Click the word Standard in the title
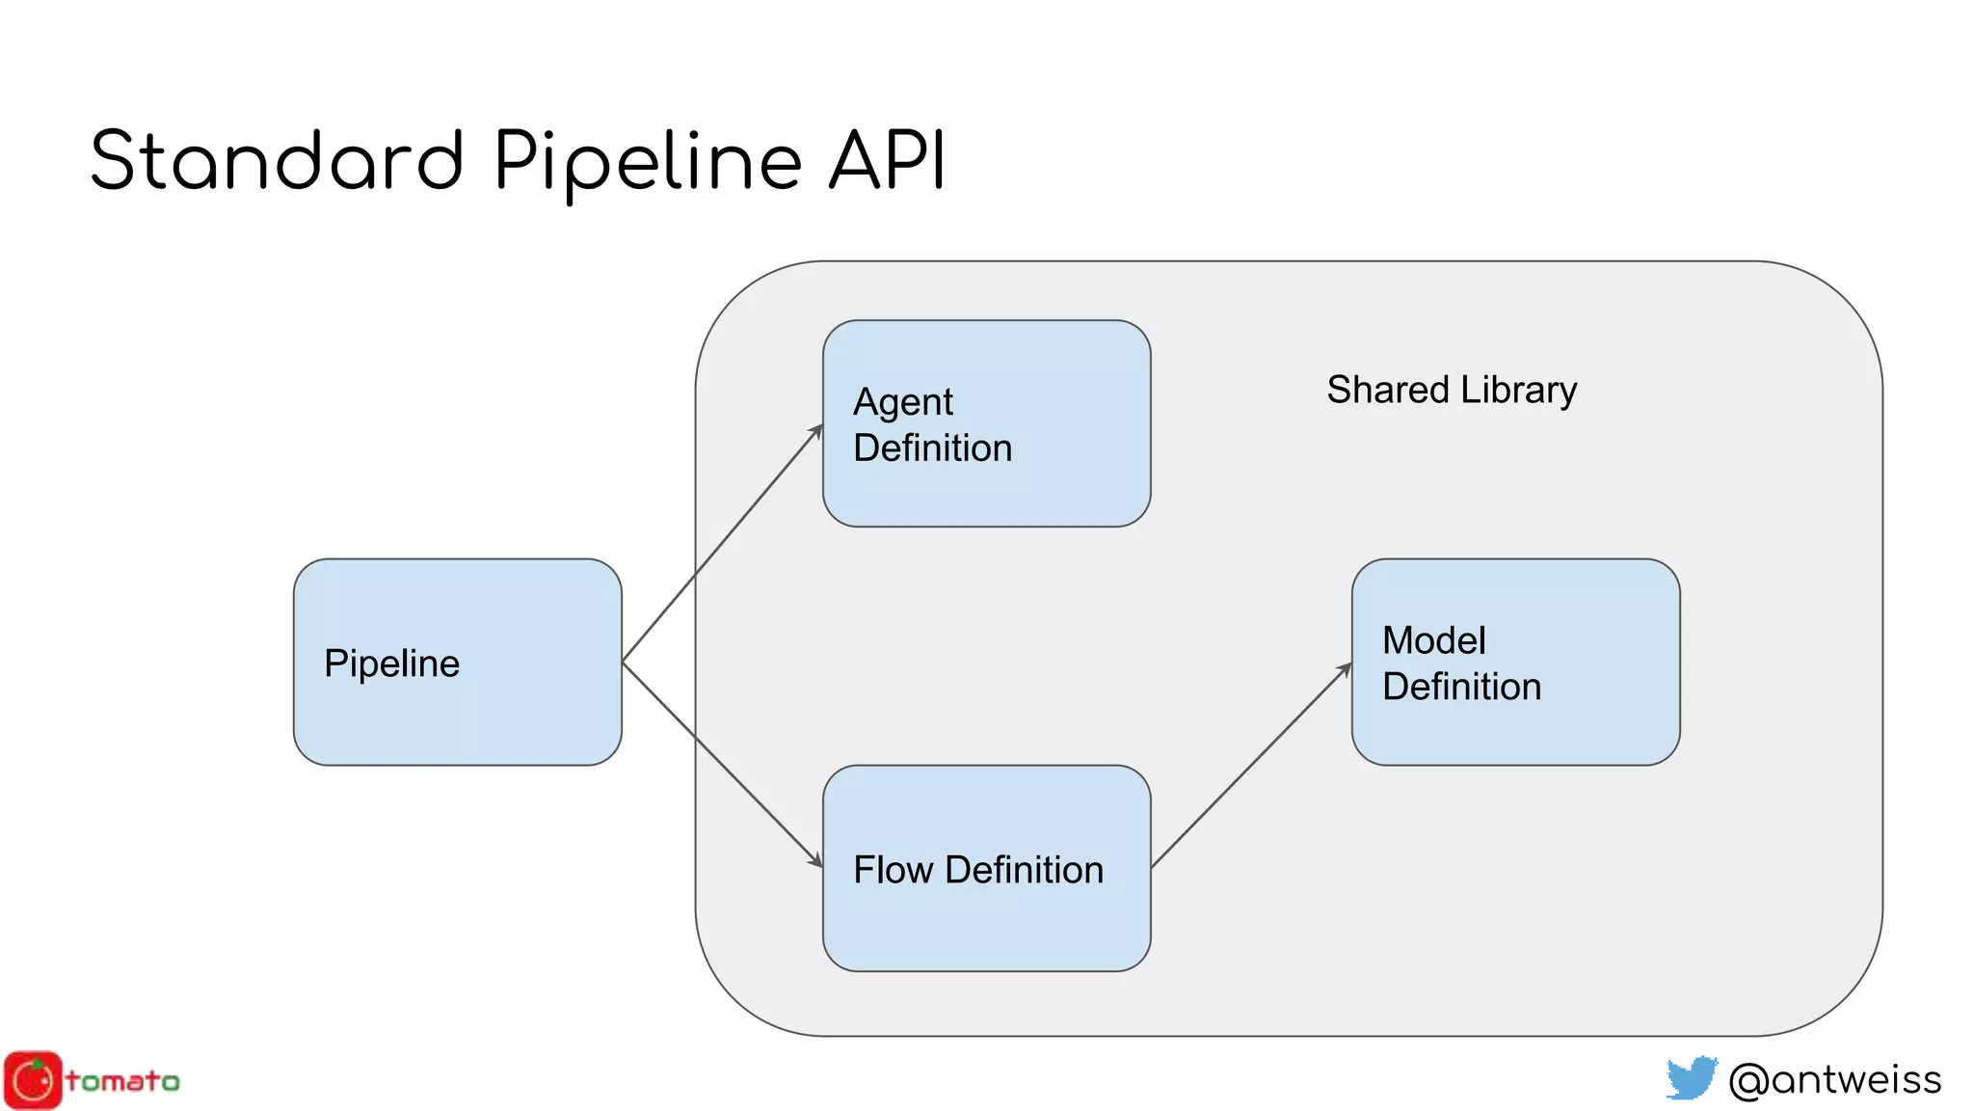pos(278,160)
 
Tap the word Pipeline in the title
pos(648,162)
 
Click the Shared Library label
pos(1451,390)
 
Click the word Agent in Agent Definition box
pos(902,403)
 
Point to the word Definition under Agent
pos(932,448)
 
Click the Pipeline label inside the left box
pos(391,664)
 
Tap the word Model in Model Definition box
pos(1433,640)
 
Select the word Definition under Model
pos(1461,687)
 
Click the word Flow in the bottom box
pos(893,870)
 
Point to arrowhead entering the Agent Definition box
pos(817,430)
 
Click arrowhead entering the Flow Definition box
pos(816,860)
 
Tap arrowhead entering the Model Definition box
pos(1346,668)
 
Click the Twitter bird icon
pos(1691,1077)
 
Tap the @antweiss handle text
pos(1834,1079)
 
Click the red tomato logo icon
pos(33,1080)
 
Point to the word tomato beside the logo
pos(122,1081)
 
